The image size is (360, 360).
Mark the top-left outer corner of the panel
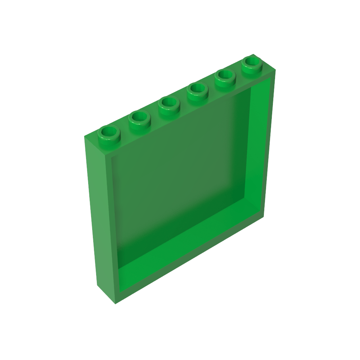click(85, 137)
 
